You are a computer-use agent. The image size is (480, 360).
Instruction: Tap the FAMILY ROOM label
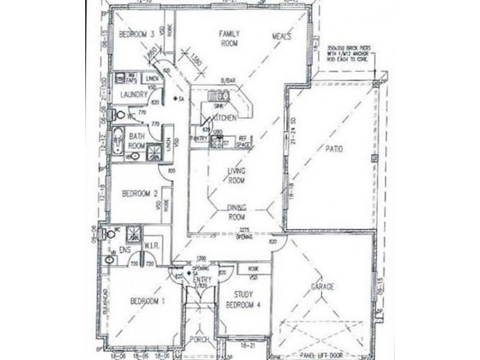click(229, 38)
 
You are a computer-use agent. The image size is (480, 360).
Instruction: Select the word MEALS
click(281, 37)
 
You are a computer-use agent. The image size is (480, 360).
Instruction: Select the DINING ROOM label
click(238, 212)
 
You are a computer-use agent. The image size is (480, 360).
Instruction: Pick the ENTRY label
click(203, 280)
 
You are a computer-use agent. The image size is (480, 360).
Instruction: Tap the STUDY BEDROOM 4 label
click(243, 299)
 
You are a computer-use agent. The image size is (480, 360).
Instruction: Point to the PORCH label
click(199, 340)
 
